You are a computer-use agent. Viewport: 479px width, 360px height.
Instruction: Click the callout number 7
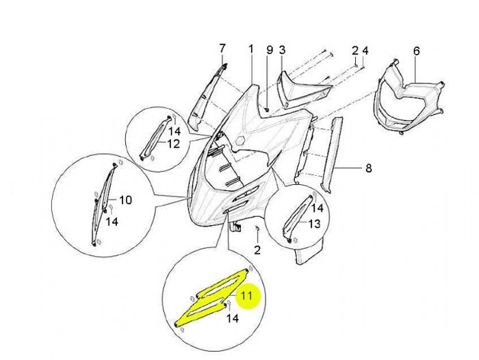[x=222, y=49]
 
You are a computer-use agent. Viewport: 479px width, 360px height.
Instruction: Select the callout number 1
[x=251, y=49]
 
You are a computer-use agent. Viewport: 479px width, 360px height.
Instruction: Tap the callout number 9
[x=270, y=50]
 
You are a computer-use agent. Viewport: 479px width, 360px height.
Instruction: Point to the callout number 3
[x=282, y=50]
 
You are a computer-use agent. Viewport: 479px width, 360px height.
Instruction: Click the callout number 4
[x=365, y=50]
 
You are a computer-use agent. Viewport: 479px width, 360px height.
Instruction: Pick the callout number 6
[x=416, y=51]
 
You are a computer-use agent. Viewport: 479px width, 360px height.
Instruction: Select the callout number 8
[x=369, y=168]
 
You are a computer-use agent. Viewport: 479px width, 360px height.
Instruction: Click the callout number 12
[x=173, y=144]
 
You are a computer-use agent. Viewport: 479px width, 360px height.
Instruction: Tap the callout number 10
[x=125, y=200]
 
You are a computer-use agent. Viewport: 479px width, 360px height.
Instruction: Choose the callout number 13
[x=314, y=224]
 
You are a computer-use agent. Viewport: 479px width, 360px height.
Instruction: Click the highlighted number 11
[x=246, y=296]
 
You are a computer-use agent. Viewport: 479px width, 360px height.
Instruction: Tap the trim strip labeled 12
[x=155, y=138]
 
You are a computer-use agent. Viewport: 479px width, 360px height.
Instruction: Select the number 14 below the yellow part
[x=232, y=318]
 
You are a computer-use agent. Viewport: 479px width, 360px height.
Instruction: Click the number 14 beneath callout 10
[x=112, y=222]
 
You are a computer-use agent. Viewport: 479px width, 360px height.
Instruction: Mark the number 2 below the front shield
[x=257, y=250]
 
